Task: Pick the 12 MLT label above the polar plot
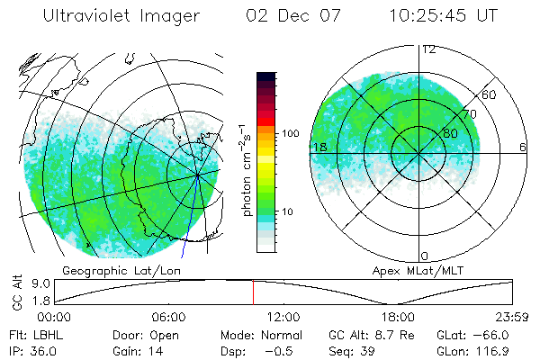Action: [428, 49]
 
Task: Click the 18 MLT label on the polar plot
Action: [319, 147]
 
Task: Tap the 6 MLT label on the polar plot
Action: [523, 147]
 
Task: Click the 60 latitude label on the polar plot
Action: [489, 94]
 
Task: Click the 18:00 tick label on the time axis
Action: [399, 317]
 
